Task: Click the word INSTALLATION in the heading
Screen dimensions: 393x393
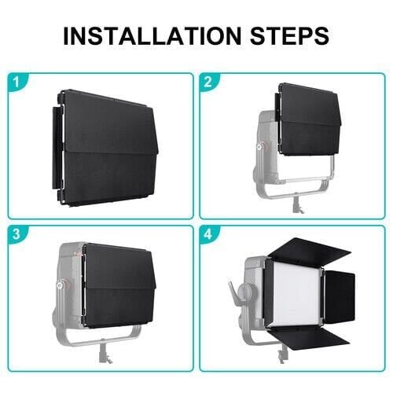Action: pyautogui.click(x=152, y=35)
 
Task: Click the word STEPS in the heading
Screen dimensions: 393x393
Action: pyautogui.click(x=289, y=35)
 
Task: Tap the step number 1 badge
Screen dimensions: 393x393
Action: pyautogui.click(x=17, y=82)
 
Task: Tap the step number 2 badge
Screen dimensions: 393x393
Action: pyautogui.click(x=208, y=82)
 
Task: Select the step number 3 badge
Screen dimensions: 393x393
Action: pyautogui.click(x=17, y=233)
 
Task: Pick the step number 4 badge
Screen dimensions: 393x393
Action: pyautogui.click(x=208, y=233)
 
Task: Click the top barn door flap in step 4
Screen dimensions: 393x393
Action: pyautogui.click(x=309, y=248)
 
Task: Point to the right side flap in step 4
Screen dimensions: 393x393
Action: pyautogui.click(x=340, y=296)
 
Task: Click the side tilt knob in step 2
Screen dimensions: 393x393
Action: pyautogui.click(x=259, y=147)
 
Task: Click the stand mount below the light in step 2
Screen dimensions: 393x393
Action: pyautogui.click(x=297, y=204)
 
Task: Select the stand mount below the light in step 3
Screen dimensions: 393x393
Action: pyautogui.click(x=105, y=353)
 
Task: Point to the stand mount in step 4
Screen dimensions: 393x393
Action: pyautogui.click(x=281, y=353)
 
